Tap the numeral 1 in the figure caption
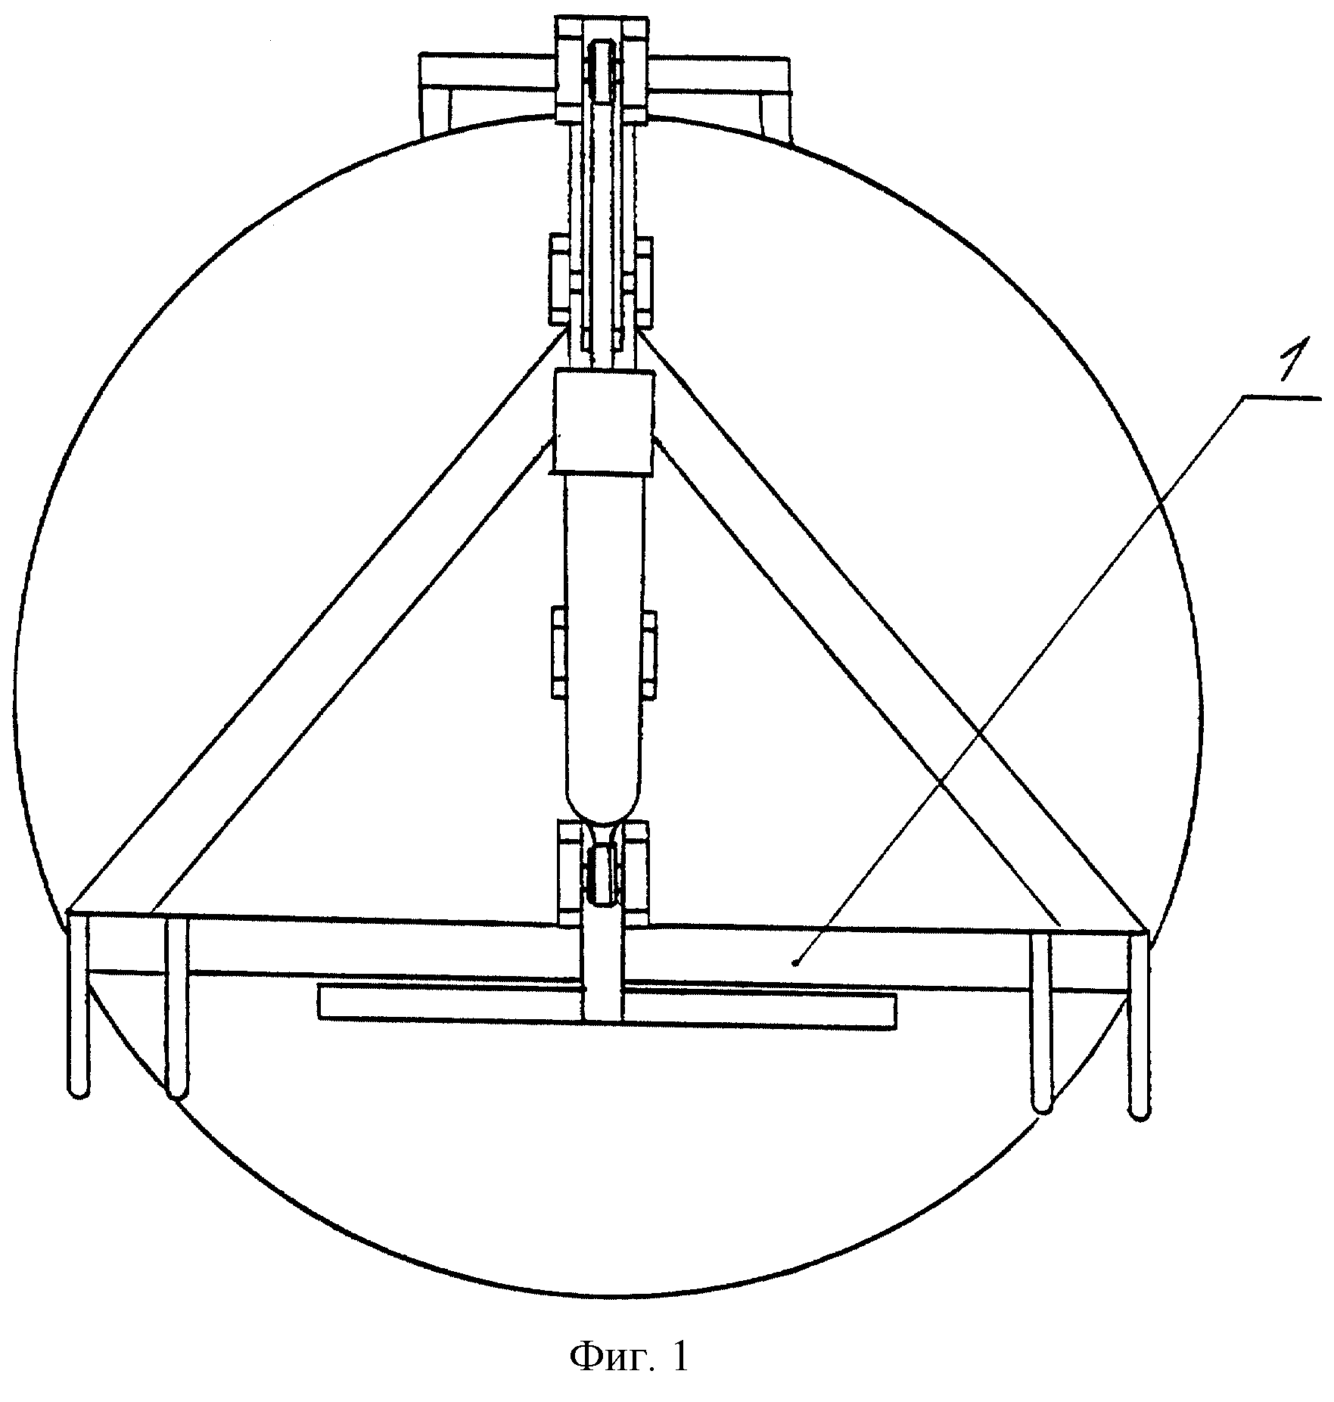click(x=678, y=1357)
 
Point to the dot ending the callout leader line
click(x=794, y=962)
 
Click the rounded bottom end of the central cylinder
click(x=603, y=803)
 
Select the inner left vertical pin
click(x=176, y=1006)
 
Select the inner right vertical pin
click(x=1042, y=1021)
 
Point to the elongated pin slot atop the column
click(x=602, y=70)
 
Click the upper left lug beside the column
click(x=560, y=280)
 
